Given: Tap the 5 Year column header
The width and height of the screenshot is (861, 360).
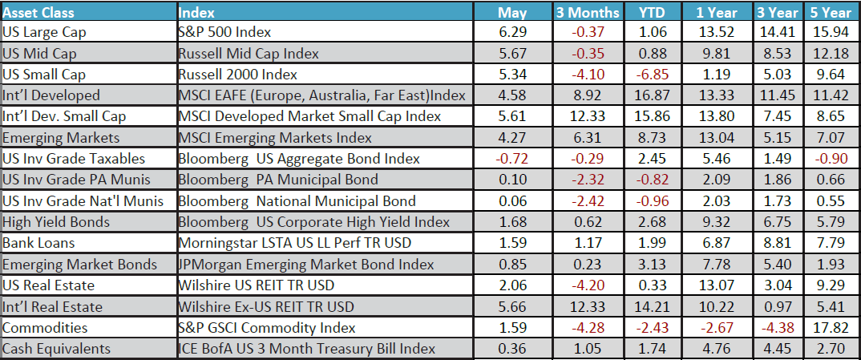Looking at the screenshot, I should (x=831, y=12).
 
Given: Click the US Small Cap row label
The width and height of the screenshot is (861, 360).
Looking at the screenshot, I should (x=44, y=75).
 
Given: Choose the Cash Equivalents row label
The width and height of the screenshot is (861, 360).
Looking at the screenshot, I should (x=56, y=349).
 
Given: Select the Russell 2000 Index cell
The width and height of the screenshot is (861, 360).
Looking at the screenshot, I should (x=237, y=75).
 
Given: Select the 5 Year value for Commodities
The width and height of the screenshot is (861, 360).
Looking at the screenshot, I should (x=831, y=327).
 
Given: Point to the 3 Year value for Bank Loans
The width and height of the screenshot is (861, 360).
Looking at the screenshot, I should (x=777, y=243).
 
